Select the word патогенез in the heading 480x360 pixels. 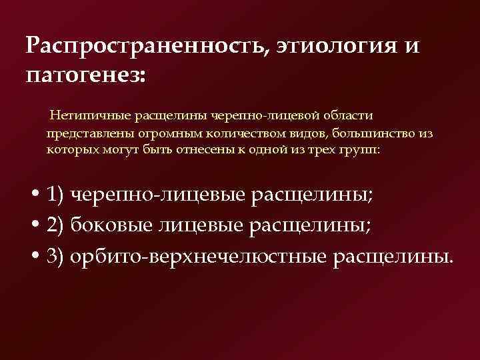83,73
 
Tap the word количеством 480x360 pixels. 229,133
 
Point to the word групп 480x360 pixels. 360,150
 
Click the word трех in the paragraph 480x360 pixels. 319,150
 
